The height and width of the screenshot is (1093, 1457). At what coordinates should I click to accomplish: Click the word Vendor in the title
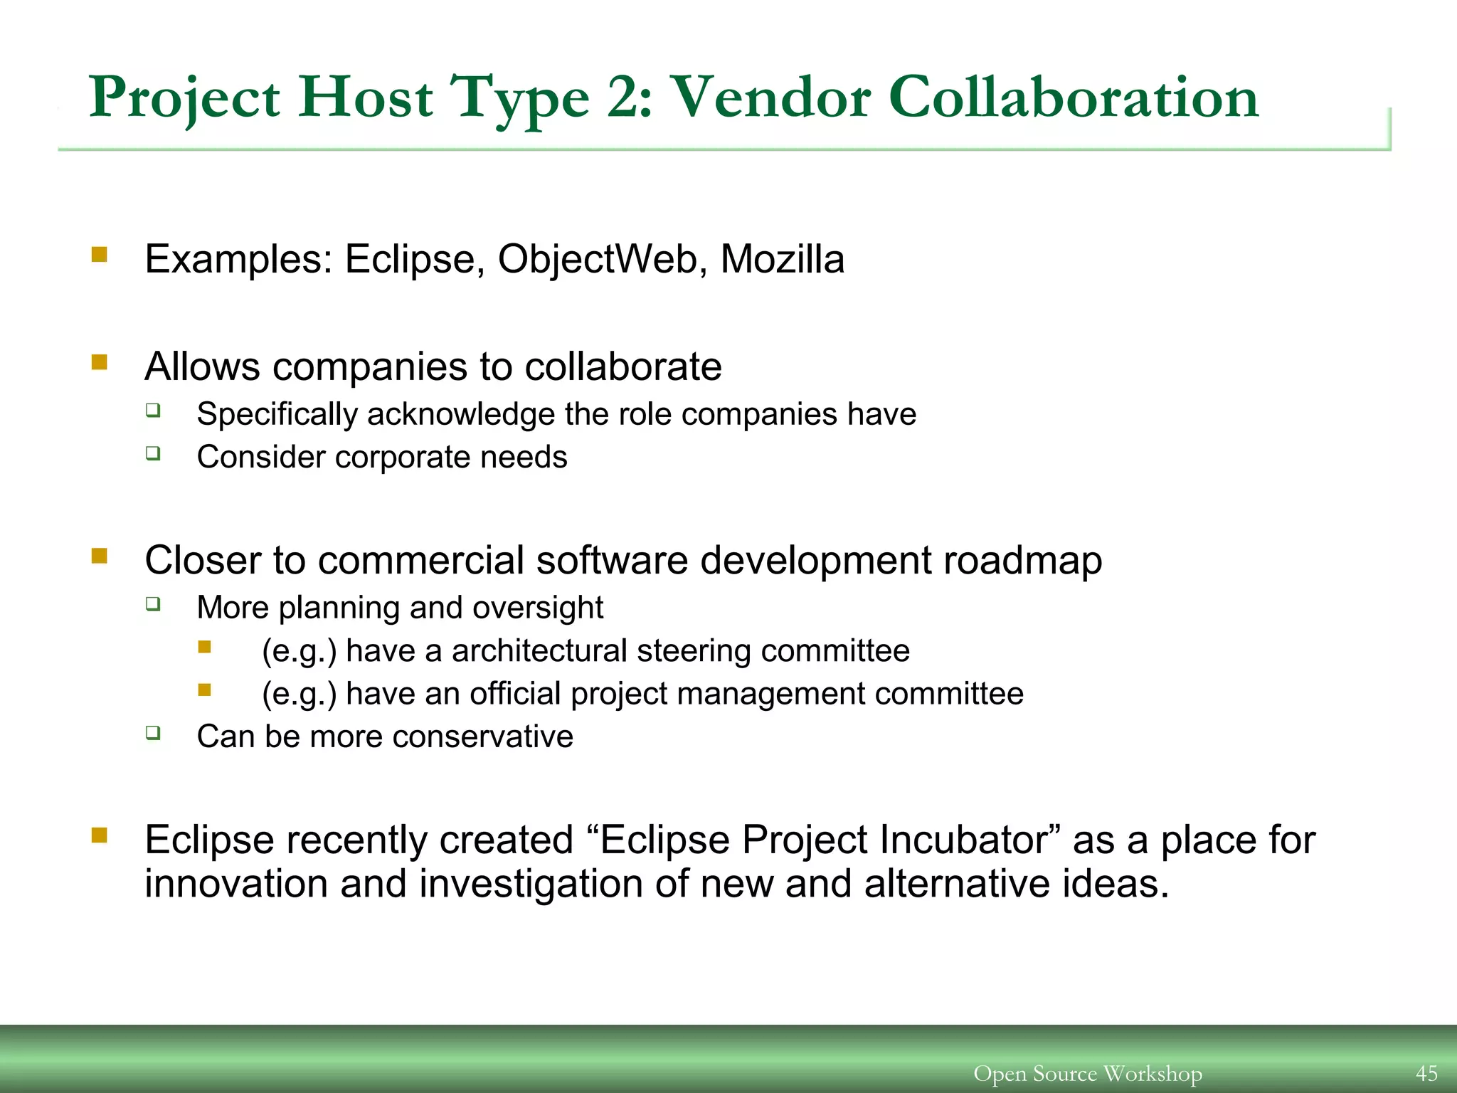[771, 97]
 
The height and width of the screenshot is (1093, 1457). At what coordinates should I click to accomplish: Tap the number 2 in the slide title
[625, 97]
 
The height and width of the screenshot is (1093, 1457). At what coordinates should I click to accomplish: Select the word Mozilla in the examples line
[782, 259]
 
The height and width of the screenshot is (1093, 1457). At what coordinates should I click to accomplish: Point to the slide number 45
[1426, 1073]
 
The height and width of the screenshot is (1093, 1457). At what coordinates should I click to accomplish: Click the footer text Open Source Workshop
[1087, 1073]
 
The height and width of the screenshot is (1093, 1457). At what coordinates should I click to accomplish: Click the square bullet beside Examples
[99, 254]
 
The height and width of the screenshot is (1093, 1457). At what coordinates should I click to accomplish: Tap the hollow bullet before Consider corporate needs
[153, 453]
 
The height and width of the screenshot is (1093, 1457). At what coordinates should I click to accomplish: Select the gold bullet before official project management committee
[205, 690]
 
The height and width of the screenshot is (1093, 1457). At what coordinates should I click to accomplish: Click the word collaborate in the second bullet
[622, 367]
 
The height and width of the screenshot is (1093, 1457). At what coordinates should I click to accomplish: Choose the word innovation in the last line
[235, 885]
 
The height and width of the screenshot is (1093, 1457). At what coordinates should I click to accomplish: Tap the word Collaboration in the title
[1074, 97]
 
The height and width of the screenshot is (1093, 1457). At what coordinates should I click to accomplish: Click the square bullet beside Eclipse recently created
[99, 835]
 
